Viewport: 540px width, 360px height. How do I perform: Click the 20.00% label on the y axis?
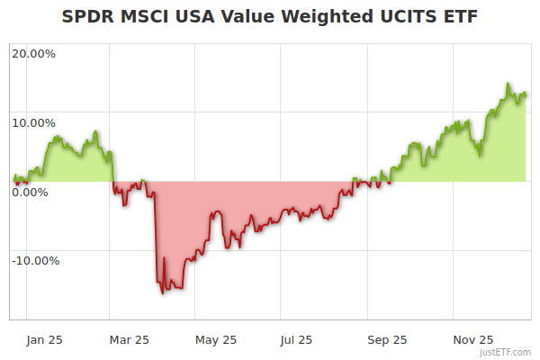[33, 53]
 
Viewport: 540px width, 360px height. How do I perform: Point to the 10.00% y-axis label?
[33, 122]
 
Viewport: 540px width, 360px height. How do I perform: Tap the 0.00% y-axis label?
[31, 192]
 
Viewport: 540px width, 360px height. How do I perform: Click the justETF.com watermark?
[506, 352]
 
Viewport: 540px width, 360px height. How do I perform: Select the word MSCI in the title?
[141, 17]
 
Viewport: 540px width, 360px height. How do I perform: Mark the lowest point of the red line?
[163, 293]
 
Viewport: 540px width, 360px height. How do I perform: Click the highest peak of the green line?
[508, 85]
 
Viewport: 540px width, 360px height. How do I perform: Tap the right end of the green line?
[526, 94]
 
